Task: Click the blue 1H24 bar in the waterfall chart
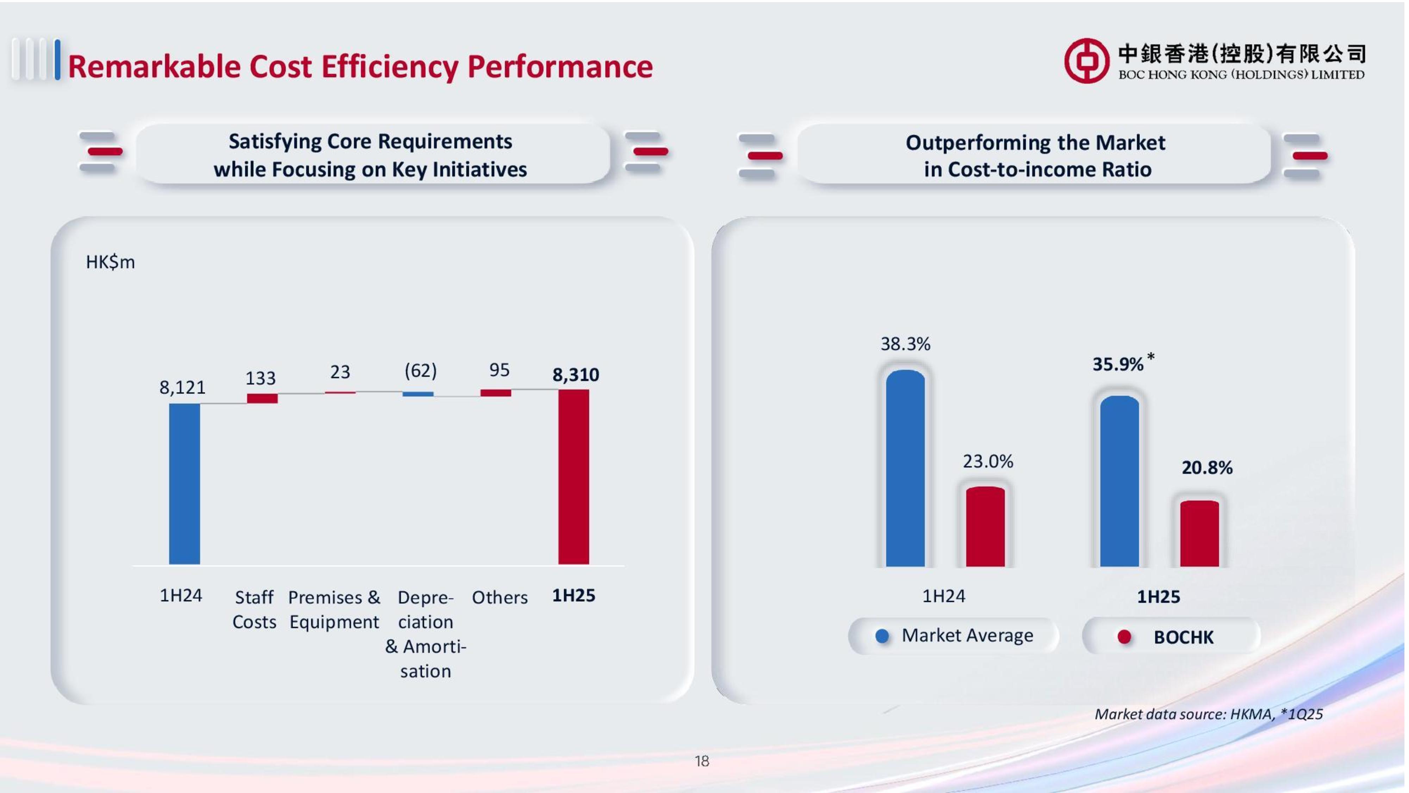click(x=184, y=484)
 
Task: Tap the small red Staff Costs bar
click(x=262, y=398)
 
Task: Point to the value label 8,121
click(x=182, y=387)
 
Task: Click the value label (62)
click(x=420, y=370)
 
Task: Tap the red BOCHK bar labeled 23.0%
click(x=985, y=527)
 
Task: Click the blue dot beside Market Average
click(x=882, y=636)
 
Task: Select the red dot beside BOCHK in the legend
click(x=1124, y=637)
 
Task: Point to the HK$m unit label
click(x=110, y=262)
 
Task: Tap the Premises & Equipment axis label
click(x=334, y=609)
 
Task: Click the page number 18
click(x=702, y=761)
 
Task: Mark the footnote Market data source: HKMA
click(x=1208, y=714)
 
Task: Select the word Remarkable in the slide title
click(x=154, y=67)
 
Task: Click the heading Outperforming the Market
click(x=1035, y=143)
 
